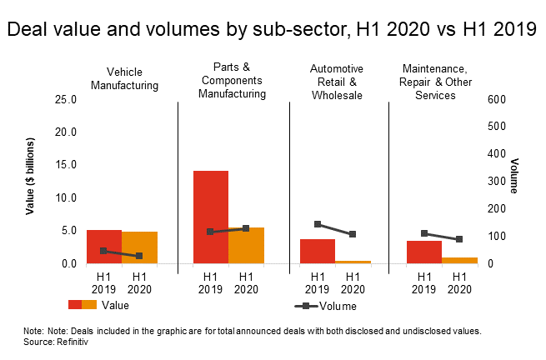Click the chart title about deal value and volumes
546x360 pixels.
point(272,30)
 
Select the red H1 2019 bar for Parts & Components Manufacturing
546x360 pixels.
point(211,217)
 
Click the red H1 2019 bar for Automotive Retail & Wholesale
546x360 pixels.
point(318,251)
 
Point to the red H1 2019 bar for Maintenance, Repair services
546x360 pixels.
point(424,252)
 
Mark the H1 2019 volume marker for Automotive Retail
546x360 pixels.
point(318,224)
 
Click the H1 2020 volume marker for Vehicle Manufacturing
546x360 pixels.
point(139,256)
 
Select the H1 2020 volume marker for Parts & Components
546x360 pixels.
point(246,228)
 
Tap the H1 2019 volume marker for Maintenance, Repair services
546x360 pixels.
point(424,233)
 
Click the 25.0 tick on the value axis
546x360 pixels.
point(64,99)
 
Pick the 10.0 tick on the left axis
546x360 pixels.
point(64,198)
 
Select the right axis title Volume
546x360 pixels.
point(514,176)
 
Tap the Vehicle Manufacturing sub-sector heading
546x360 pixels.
point(124,78)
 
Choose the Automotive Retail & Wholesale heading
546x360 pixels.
point(337,81)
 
